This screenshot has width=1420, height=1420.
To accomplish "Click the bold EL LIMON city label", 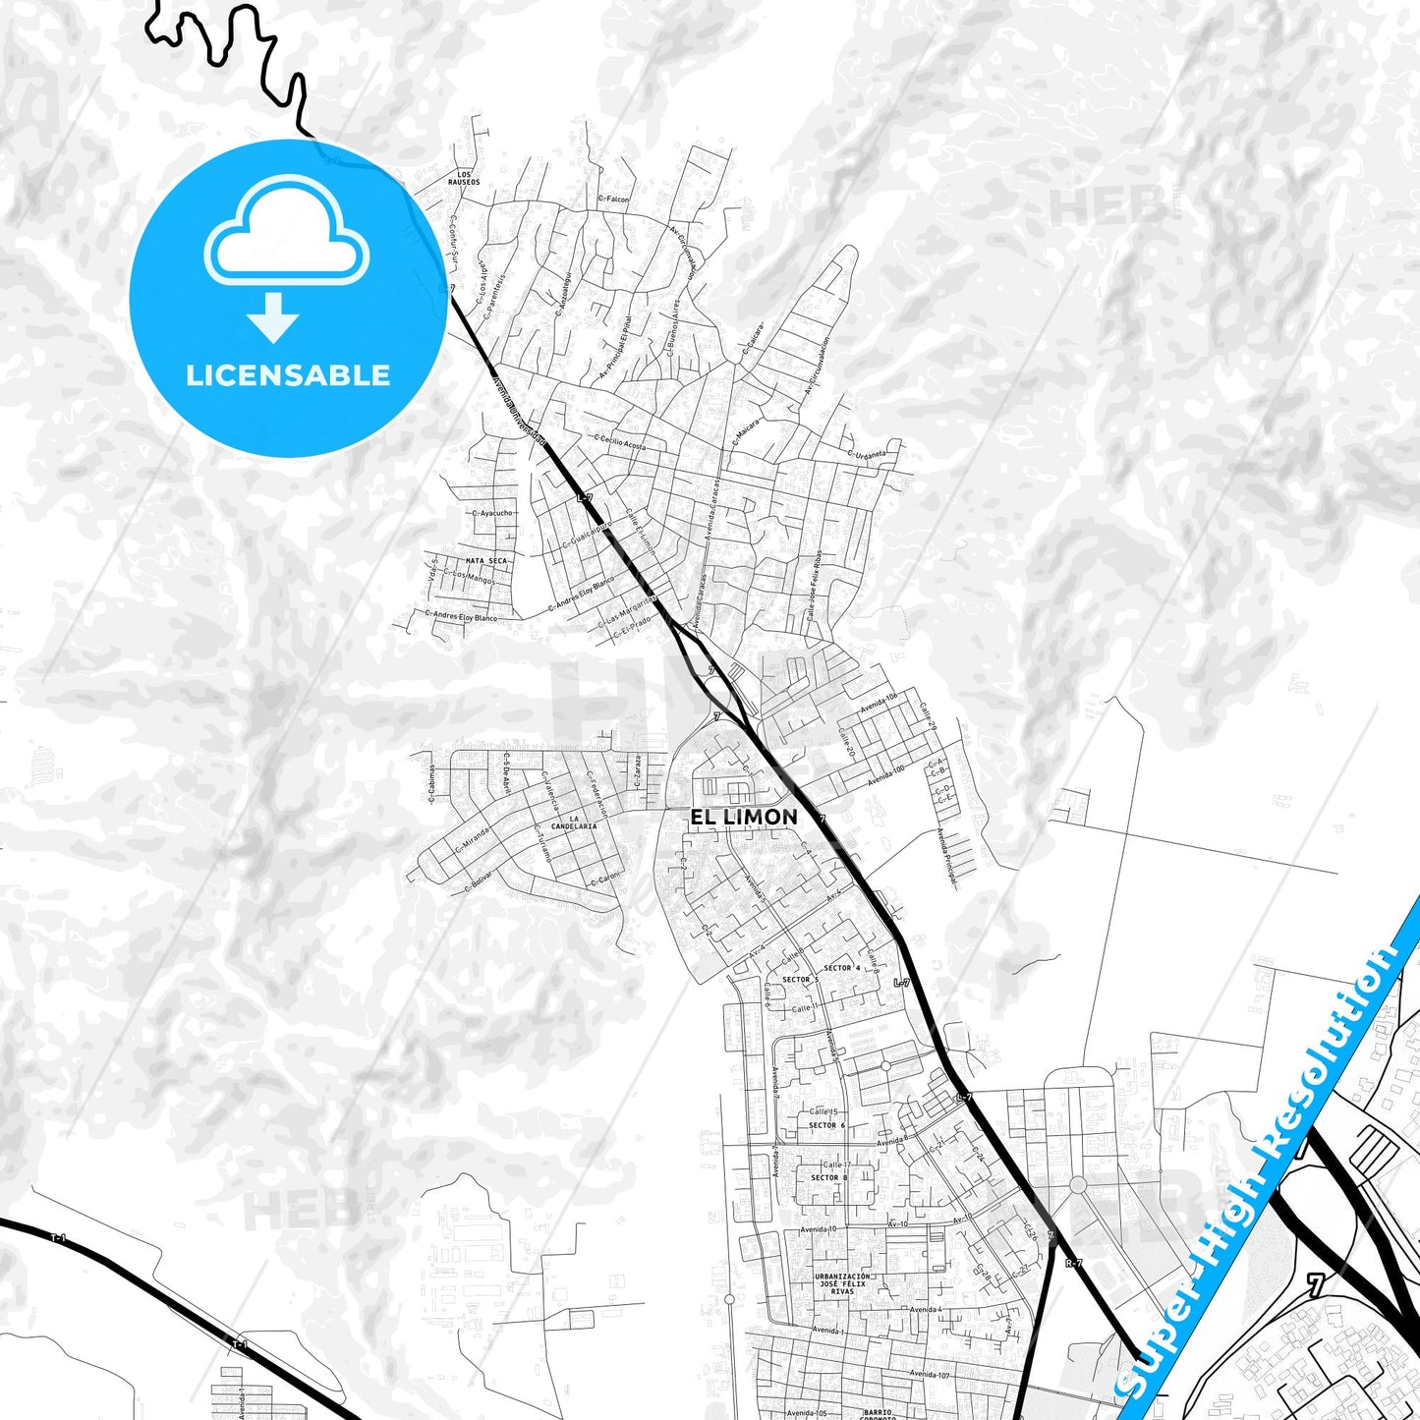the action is (x=743, y=817).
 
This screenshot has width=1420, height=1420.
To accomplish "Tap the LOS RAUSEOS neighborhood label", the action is (x=464, y=178).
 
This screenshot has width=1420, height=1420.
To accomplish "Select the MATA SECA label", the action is (x=486, y=560).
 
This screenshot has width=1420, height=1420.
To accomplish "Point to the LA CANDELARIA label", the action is (x=575, y=823).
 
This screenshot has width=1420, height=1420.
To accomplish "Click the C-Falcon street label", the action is (x=613, y=199).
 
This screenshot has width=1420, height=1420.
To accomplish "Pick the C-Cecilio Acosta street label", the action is (x=620, y=442).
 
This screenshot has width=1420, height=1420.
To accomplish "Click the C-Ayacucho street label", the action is (x=492, y=513).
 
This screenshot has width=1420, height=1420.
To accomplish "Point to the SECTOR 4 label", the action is (x=841, y=968).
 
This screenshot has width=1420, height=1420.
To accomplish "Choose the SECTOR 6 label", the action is (x=826, y=1125).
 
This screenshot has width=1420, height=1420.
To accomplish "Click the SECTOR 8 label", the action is (x=828, y=1177).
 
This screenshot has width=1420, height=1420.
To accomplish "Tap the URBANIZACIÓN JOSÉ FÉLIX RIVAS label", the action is (x=842, y=1283).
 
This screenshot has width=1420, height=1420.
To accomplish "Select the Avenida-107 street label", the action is (x=930, y=1374).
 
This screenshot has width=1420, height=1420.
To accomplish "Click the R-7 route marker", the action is (x=1074, y=1263).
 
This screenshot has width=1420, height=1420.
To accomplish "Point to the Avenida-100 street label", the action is (x=884, y=775).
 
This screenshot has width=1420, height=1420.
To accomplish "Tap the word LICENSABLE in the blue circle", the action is (x=288, y=375).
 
